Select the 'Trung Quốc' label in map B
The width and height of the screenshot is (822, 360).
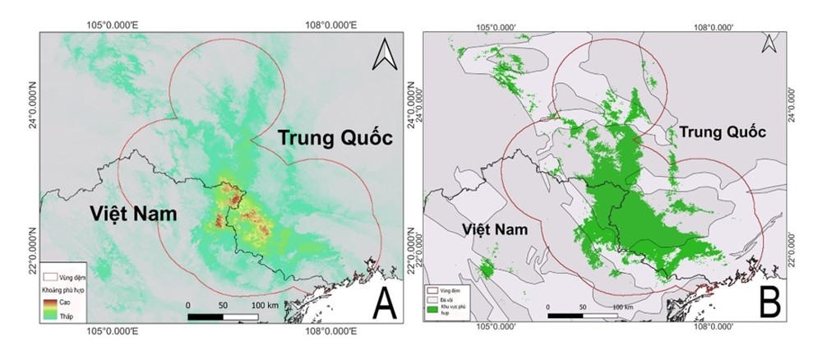(720, 132)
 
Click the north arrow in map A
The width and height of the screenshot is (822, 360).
(383, 55)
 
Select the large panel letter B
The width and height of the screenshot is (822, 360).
(769, 302)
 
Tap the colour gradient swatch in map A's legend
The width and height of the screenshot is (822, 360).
(48, 307)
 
